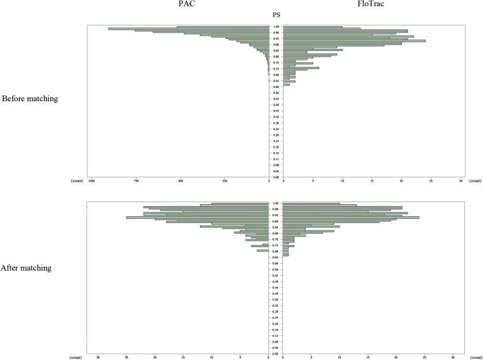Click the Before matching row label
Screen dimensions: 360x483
(x=30, y=99)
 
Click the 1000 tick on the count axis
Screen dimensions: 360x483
(x=92, y=181)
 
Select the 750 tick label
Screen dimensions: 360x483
(x=136, y=181)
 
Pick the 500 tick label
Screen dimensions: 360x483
(x=181, y=181)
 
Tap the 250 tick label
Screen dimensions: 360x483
(x=225, y=181)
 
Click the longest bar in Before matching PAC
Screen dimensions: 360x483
(x=189, y=28)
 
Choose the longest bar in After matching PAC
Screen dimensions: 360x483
(x=197, y=217)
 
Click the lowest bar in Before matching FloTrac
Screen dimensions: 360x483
(x=287, y=84)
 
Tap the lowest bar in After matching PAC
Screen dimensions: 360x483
(x=263, y=251)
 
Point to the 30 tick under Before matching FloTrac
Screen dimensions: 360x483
(x=461, y=181)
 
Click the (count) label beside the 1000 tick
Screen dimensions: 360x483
(x=77, y=181)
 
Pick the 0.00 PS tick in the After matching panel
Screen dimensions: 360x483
(x=276, y=354)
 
